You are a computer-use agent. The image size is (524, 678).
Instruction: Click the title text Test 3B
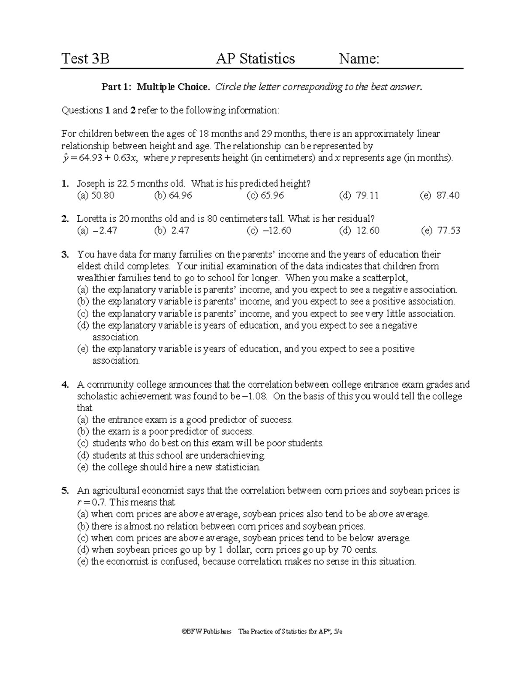[x=86, y=59]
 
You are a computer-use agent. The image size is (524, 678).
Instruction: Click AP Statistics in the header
[x=255, y=59]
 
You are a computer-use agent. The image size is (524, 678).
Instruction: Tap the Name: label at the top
[x=359, y=59]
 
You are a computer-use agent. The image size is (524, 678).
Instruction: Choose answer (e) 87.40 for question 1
[x=440, y=196]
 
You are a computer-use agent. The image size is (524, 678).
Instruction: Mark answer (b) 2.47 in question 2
[x=172, y=231]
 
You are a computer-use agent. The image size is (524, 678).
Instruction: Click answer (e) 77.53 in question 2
[x=441, y=231]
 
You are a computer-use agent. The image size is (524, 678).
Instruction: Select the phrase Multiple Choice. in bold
[x=173, y=87]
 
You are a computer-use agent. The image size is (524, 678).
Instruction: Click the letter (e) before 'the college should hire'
[x=83, y=467]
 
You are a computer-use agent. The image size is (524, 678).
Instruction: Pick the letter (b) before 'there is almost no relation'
[x=83, y=526]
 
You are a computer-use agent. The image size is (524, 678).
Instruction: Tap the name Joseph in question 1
[x=90, y=184]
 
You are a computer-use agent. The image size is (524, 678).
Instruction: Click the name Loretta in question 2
[x=92, y=219]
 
